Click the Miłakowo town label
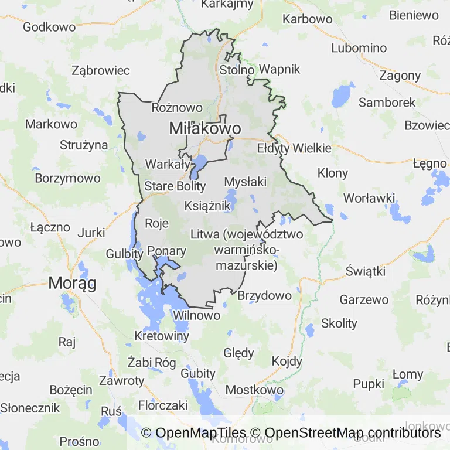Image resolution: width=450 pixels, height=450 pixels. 204,128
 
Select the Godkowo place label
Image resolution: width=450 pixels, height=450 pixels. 49,27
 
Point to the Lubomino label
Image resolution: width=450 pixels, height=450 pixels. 359,48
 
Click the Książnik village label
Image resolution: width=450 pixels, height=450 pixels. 203,206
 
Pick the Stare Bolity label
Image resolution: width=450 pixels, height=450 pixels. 175,186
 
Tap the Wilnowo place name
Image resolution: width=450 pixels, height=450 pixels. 196,315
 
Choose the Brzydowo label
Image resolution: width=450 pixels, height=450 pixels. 264,295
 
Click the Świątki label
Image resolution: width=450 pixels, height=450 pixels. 365,271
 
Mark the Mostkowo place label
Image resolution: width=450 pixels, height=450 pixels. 254,390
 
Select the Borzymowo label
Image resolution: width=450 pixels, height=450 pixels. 68,178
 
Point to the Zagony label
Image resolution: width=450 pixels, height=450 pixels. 400,75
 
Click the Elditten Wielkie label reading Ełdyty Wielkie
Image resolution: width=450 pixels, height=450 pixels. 294,148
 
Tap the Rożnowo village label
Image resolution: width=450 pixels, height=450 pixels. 177,108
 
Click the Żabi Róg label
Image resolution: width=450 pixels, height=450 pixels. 152,362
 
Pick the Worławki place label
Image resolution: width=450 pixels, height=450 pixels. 369,198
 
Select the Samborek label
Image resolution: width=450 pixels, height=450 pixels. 387,102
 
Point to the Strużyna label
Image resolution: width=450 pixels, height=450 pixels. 84,145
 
